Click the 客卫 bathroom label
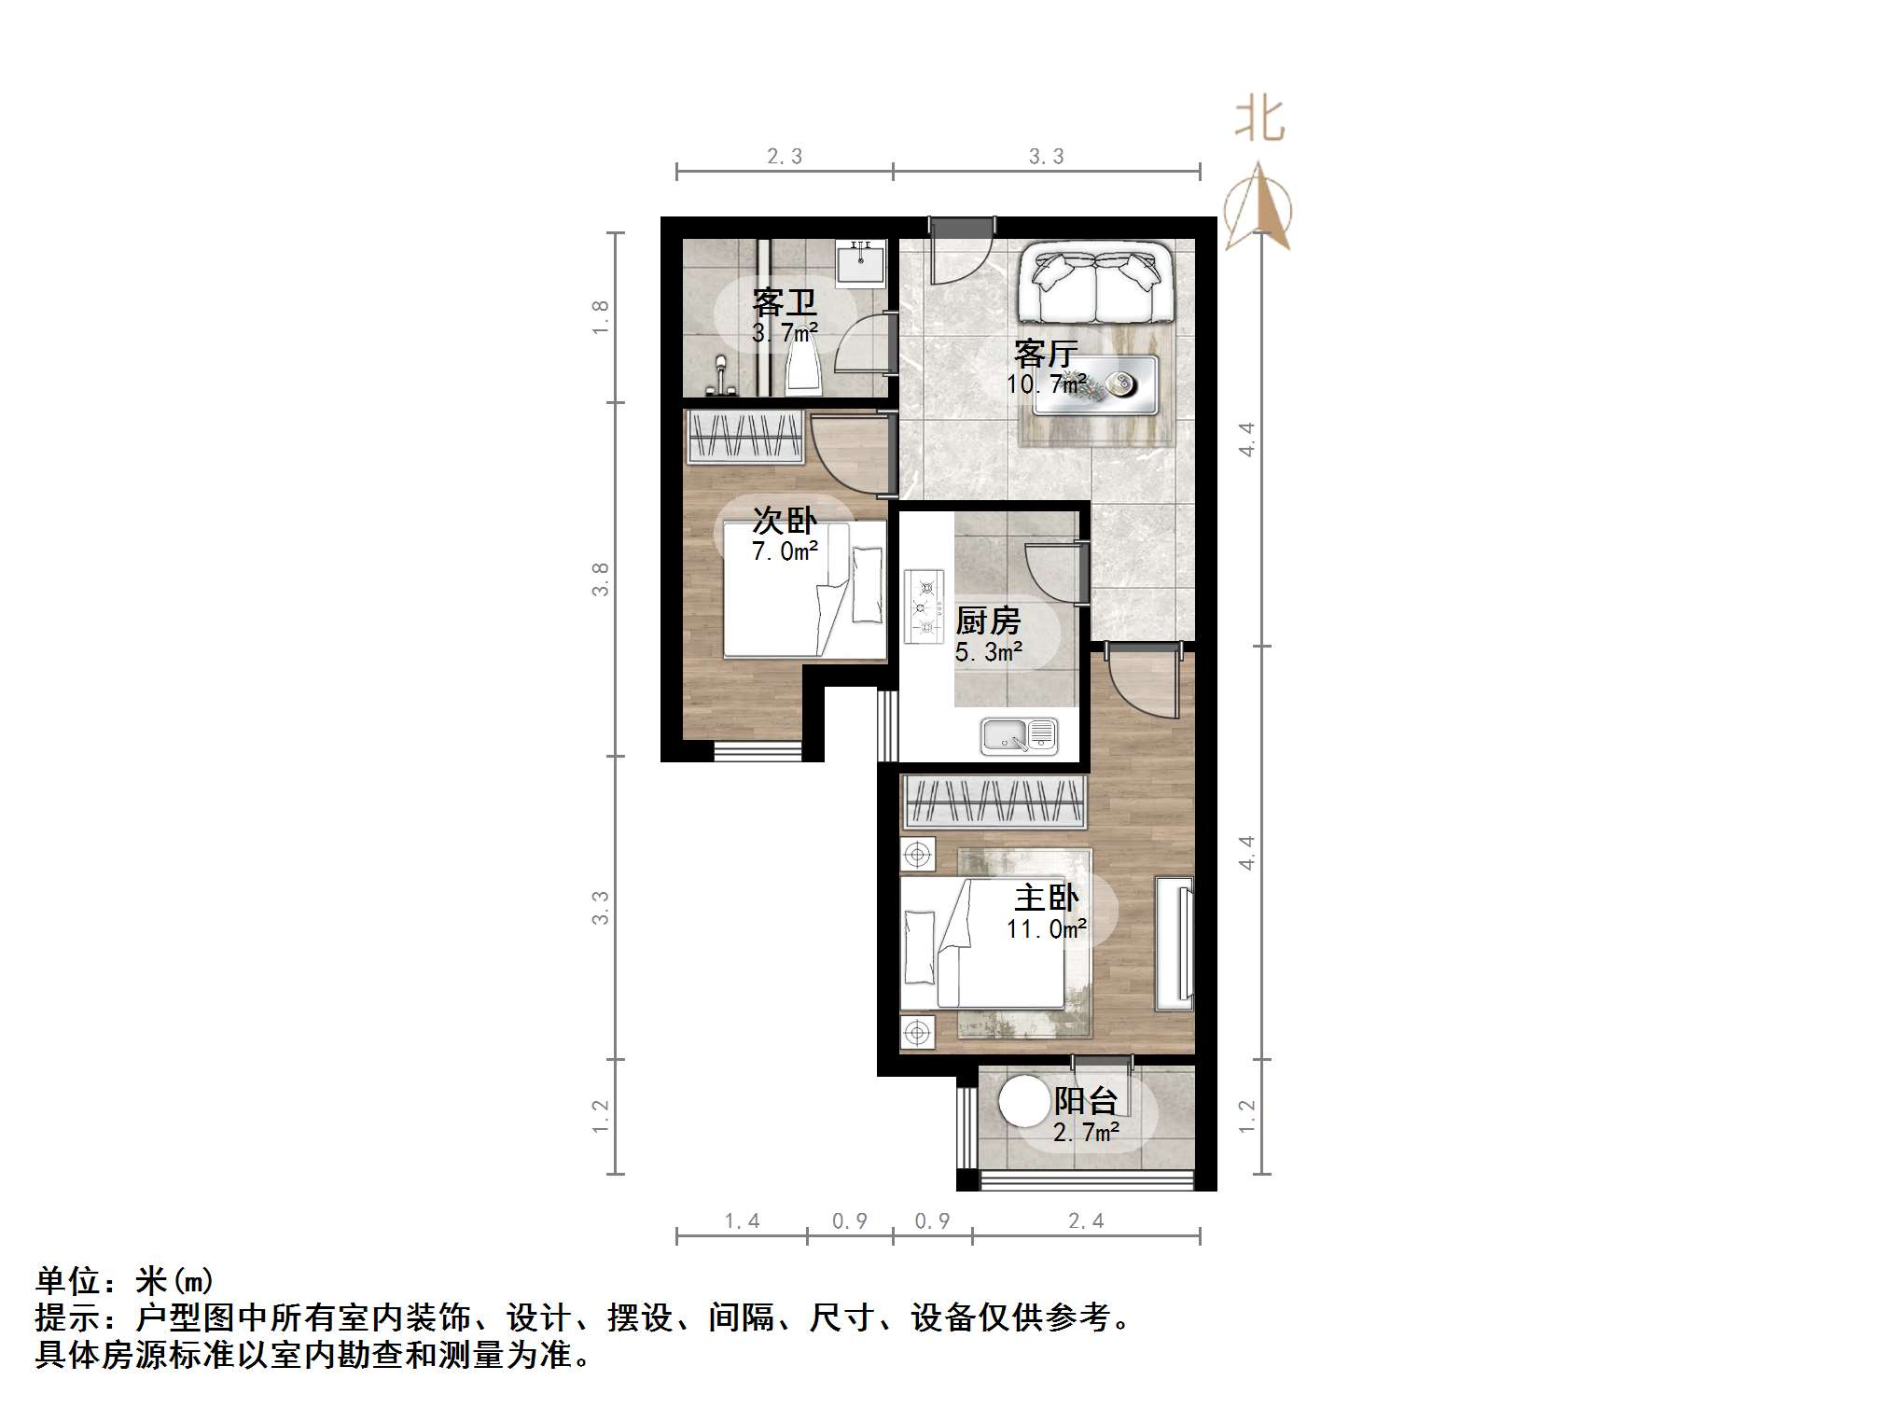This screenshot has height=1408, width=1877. pyautogui.click(x=784, y=302)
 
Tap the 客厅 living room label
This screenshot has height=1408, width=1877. pyautogui.click(x=1046, y=354)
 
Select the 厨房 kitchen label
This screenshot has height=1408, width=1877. pyautogui.click(x=988, y=620)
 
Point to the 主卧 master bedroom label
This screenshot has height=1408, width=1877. pyautogui.click(x=1046, y=898)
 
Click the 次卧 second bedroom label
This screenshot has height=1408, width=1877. pyautogui.click(x=784, y=520)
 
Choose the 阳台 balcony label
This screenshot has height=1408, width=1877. pyautogui.click(x=1086, y=1101)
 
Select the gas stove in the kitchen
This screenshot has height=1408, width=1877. pyautogui.click(x=925, y=606)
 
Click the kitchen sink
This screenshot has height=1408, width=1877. pyautogui.click(x=1019, y=736)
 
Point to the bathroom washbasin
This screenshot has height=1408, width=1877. pyautogui.click(x=860, y=262)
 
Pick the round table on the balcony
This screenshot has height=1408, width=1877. pyautogui.click(x=1024, y=1102)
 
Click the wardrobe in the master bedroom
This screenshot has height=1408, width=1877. pyautogui.click(x=994, y=802)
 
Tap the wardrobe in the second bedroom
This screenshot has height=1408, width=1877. pyautogui.click(x=745, y=436)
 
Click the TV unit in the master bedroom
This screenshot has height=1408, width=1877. pyautogui.click(x=1175, y=943)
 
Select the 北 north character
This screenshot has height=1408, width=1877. pyautogui.click(x=1259, y=120)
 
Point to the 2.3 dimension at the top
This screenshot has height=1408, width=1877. pyautogui.click(x=785, y=157)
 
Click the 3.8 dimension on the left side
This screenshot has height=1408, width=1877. pyautogui.click(x=601, y=579)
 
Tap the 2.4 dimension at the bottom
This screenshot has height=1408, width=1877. pyautogui.click(x=1086, y=1220)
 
